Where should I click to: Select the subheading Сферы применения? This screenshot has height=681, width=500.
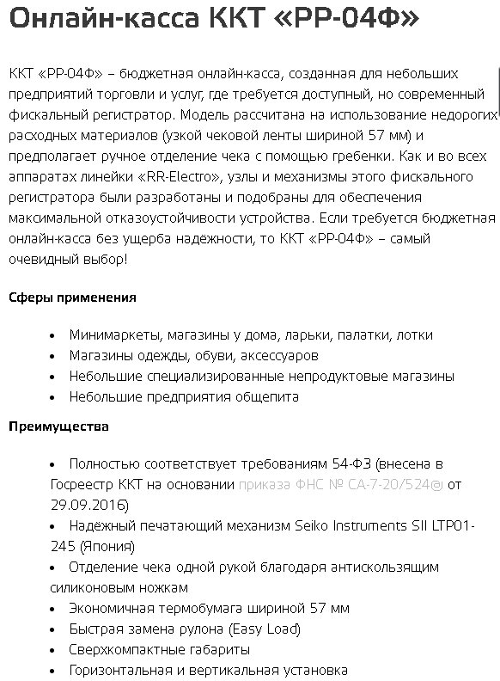(x=72, y=298)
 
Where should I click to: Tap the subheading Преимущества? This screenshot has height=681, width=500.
(x=58, y=426)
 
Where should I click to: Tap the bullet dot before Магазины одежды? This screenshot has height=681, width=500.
(x=53, y=356)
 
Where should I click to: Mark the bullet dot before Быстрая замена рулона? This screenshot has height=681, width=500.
(x=53, y=629)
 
